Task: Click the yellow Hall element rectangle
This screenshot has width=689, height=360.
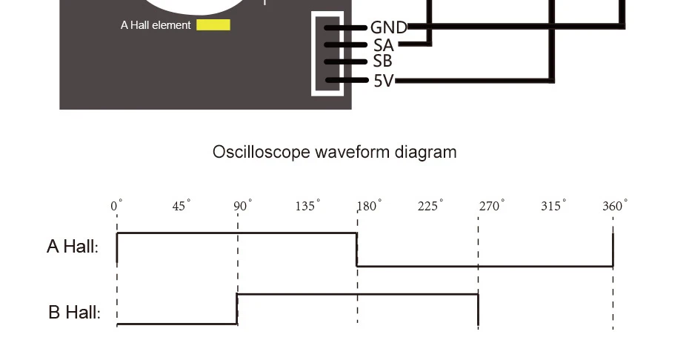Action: (213, 25)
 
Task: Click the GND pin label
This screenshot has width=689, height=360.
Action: (389, 28)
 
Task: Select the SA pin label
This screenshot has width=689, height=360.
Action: (383, 45)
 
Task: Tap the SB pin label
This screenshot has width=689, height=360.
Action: (383, 61)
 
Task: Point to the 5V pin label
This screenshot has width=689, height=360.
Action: (384, 80)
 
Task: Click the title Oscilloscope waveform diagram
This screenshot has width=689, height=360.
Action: (334, 152)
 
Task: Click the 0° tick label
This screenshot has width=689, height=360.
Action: (116, 206)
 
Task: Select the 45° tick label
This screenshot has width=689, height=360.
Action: (181, 206)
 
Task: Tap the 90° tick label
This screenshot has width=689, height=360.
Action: (242, 206)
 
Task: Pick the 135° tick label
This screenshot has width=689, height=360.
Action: (307, 206)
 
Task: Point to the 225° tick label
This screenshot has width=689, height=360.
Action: (429, 206)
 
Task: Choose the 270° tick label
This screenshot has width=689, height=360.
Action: (490, 206)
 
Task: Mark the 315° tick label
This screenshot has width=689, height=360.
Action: (551, 206)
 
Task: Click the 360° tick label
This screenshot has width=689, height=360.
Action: (614, 206)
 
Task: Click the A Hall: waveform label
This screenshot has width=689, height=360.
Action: (73, 247)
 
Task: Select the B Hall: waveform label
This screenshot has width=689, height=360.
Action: (73, 312)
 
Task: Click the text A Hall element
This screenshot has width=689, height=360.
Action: (156, 25)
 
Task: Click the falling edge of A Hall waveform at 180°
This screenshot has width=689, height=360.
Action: (357, 250)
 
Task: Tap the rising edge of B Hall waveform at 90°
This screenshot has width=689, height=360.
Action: (237, 309)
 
